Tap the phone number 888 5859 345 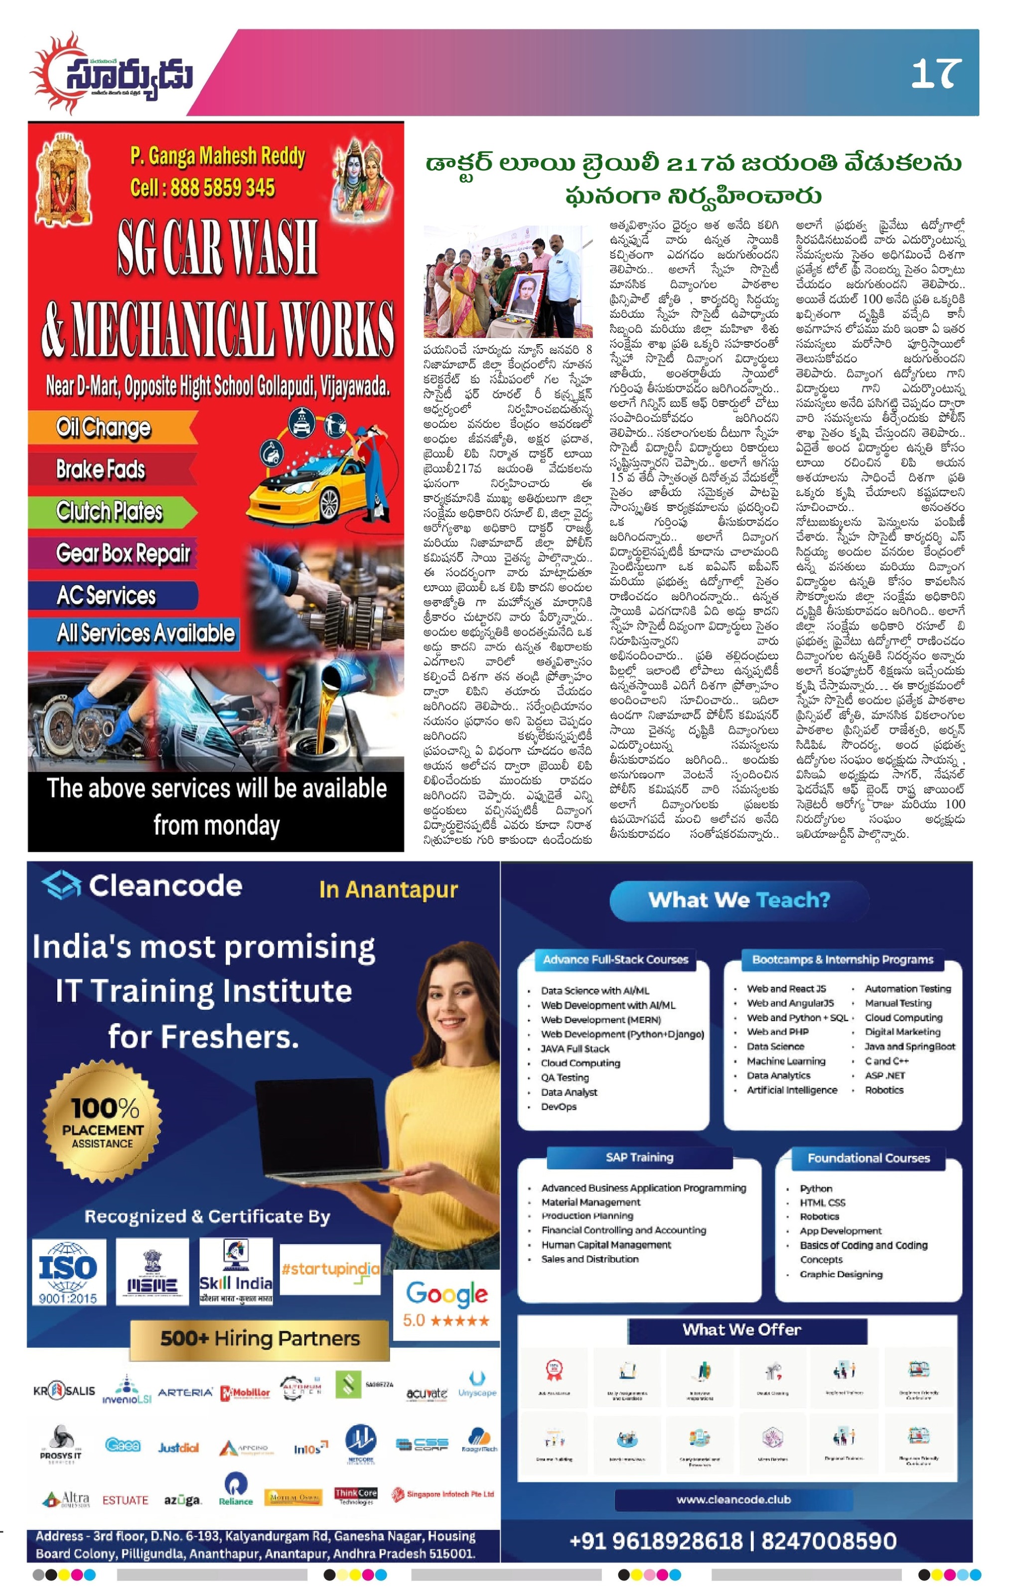[x=203, y=188]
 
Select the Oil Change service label [x=104, y=427]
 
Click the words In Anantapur [x=388, y=889]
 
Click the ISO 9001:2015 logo [x=68, y=1272]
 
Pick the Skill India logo [x=236, y=1272]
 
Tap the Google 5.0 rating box [x=447, y=1305]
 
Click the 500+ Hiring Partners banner [x=260, y=1338]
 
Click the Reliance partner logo [x=236, y=1487]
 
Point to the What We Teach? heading [x=738, y=900]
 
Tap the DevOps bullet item [x=558, y=1107]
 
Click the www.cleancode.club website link [x=733, y=1499]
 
